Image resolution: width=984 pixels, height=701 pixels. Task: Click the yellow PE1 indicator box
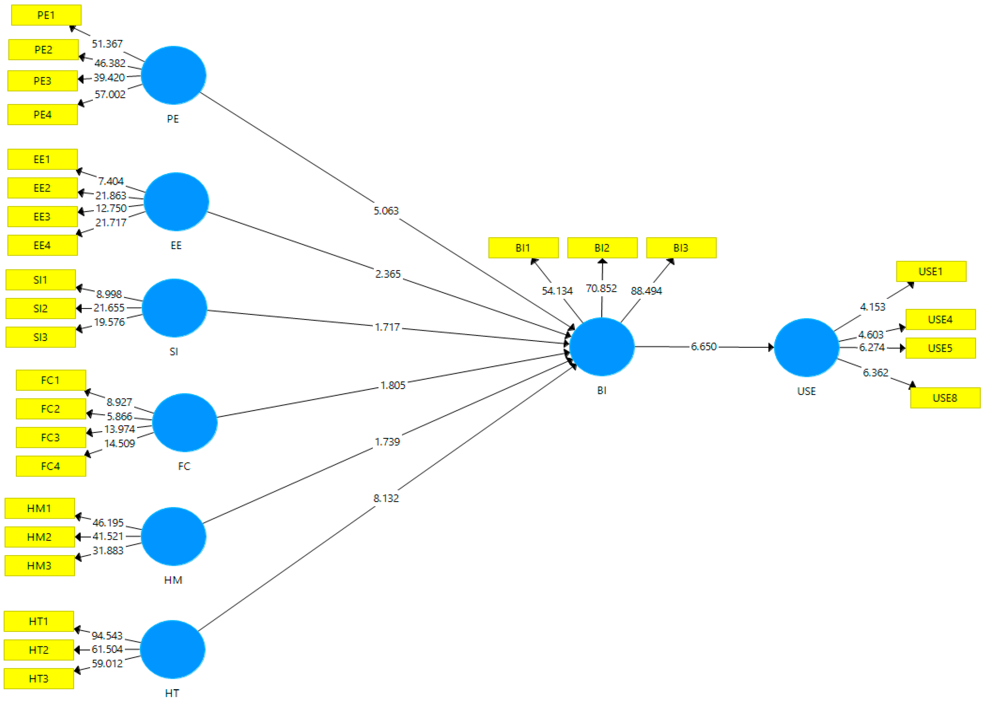pos(46,15)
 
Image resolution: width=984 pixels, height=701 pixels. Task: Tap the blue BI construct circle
pos(601,347)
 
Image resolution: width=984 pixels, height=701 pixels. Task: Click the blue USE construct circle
pos(806,348)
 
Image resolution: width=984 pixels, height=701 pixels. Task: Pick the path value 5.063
pos(386,211)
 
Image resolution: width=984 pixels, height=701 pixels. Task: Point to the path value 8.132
pos(386,498)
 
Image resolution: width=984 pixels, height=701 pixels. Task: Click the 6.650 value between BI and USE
pos(704,347)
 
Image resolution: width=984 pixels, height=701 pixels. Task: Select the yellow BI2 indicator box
pos(602,248)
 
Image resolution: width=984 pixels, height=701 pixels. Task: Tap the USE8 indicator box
pos(945,398)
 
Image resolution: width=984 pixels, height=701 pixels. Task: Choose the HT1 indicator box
pos(39,621)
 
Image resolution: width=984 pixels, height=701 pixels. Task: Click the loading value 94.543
pos(107,635)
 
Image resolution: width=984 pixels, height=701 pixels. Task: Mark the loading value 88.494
pos(646,291)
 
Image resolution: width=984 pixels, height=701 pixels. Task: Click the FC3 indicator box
pos(51,437)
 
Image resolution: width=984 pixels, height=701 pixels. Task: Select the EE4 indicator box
pos(42,245)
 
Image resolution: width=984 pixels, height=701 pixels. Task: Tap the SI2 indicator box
pos(41,308)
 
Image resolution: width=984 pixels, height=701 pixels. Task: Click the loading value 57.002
pos(110,94)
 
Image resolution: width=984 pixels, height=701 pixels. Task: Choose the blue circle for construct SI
pos(174,308)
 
